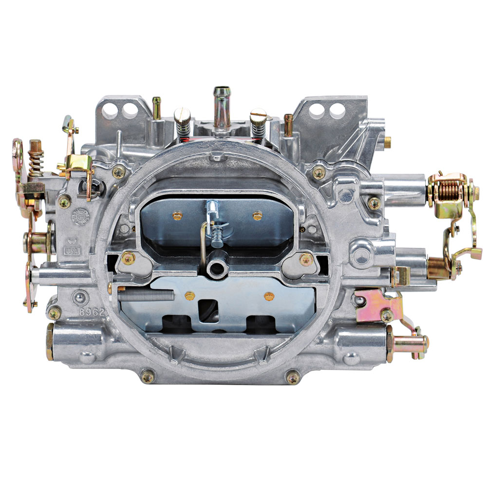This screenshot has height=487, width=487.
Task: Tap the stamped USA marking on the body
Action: tap(72, 251)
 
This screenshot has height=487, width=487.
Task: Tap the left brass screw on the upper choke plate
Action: tap(177, 215)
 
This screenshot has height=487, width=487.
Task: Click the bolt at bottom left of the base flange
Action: tap(148, 376)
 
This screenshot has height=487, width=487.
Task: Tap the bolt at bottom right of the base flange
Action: tap(292, 377)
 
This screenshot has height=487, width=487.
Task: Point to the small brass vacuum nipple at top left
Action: tap(157, 104)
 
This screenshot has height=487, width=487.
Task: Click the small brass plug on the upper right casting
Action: tap(387, 141)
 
